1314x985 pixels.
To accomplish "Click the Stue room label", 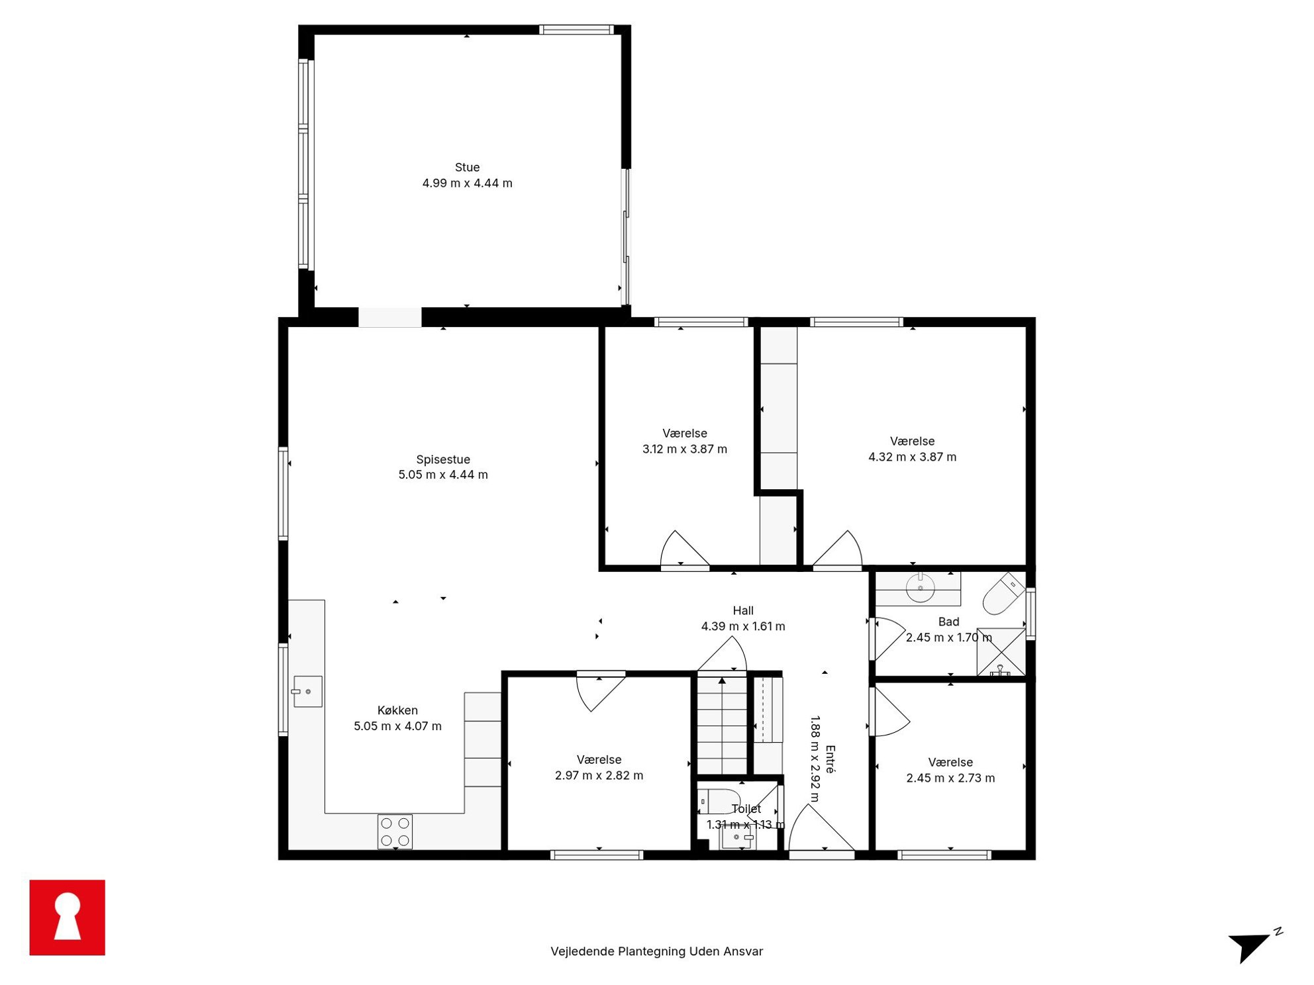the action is click(x=467, y=167).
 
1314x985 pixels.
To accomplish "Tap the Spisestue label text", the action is click(x=443, y=459).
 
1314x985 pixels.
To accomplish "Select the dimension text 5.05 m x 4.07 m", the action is click(x=397, y=726).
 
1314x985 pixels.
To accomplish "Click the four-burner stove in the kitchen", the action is click(x=395, y=832).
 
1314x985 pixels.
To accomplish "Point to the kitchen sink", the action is click(x=308, y=692).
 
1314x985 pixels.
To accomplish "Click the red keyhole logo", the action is click(x=68, y=917).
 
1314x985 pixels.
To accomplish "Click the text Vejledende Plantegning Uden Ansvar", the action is click(x=656, y=951).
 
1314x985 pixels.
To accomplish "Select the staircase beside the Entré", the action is click(x=723, y=725).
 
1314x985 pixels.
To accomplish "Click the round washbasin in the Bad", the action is click(x=920, y=588).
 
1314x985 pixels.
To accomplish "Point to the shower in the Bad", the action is click(x=1001, y=652).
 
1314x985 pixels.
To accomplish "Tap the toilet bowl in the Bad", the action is click(x=1003, y=593).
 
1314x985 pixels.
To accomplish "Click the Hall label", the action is click(x=743, y=610).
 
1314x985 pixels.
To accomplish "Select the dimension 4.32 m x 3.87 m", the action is click(x=912, y=457).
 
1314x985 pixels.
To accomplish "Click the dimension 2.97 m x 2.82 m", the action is click(x=599, y=775).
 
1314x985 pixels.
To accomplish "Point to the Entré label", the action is click(x=831, y=759).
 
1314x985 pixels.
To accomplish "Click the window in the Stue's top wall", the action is click(x=576, y=30).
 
